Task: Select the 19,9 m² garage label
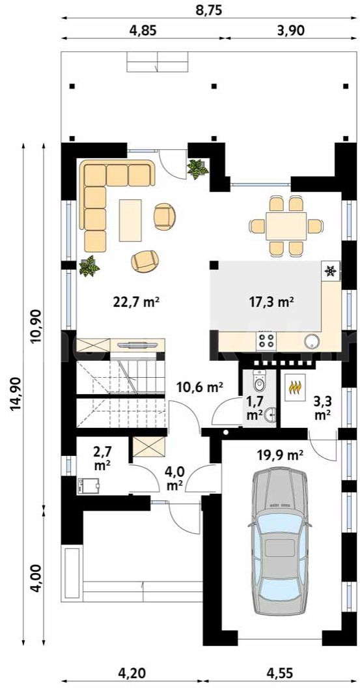280,455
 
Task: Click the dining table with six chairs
286,226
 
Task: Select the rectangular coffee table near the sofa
130,220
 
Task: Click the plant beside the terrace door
197,169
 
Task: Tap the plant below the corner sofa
89,266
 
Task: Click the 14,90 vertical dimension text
14,409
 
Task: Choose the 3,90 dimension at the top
290,29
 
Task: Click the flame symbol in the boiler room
295,388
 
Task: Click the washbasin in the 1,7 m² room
270,415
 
